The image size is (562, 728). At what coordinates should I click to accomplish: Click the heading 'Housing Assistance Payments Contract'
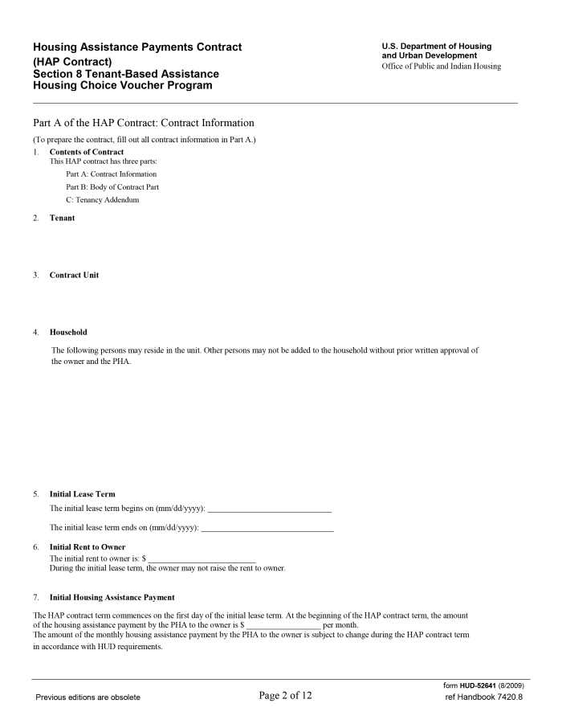click(138, 47)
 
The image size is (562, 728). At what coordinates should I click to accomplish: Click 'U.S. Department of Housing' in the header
click(437, 47)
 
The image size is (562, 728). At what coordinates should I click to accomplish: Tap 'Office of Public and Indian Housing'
click(441, 66)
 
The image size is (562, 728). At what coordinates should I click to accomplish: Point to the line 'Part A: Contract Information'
click(112, 174)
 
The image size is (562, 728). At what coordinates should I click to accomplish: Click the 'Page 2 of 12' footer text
click(285, 695)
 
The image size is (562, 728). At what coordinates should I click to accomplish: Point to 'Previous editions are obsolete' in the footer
click(87, 697)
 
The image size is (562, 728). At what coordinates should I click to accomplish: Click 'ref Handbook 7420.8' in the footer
click(483, 697)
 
